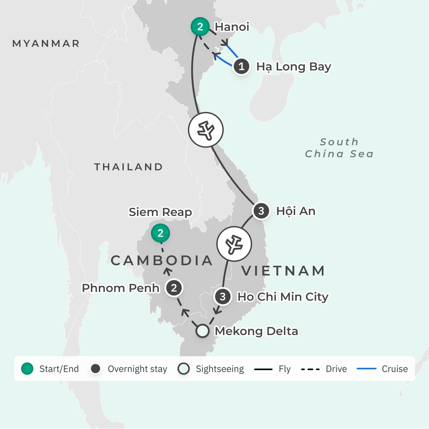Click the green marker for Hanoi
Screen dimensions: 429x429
click(x=200, y=27)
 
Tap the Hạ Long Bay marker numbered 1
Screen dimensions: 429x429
click(x=241, y=66)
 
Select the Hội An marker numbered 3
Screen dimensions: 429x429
click(x=261, y=211)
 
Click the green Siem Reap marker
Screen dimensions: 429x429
click(x=160, y=233)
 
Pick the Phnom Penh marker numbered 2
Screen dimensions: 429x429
click(x=174, y=288)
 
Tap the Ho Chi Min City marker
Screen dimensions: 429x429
click(x=223, y=297)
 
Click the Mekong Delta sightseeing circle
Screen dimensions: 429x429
click(x=203, y=331)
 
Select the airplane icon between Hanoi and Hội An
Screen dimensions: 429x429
click(x=206, y=130)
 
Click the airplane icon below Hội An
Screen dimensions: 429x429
click(x=234, y=244)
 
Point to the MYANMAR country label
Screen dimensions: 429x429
click(x=46, y=44)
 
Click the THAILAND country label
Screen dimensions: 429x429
click(x=129, y=167)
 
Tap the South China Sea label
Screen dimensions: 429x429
click(x=339, y=148)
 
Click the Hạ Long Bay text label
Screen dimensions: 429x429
click(x=294, y=67)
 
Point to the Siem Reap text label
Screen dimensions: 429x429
click(x=160, y=212)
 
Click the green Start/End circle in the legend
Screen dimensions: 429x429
click(x=27, y=369)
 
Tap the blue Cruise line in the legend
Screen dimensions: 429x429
click(x=367, y=369)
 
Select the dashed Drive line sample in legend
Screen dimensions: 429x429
click(x=310, y=369)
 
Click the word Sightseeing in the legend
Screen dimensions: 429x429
click(x=220, y=369)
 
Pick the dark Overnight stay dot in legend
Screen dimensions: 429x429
click(x=96, y=369)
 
